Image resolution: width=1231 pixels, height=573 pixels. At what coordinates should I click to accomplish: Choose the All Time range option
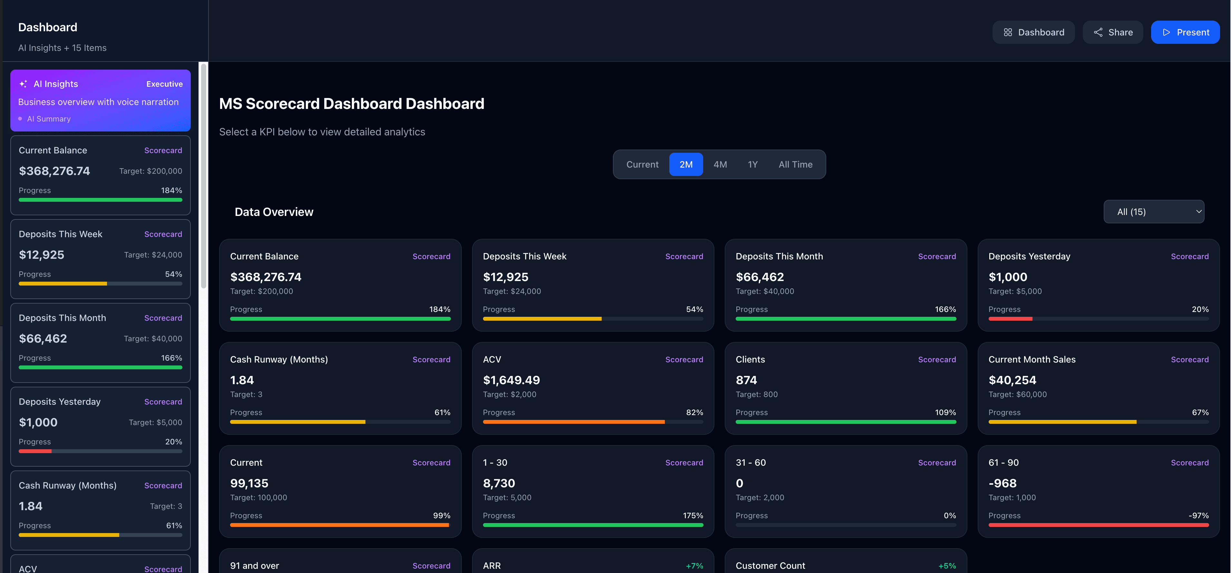click(x=795, y=164)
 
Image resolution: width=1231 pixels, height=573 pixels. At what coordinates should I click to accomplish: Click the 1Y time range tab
click(x=752, y=164)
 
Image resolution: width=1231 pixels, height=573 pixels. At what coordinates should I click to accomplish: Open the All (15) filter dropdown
click(x=1154, y=212)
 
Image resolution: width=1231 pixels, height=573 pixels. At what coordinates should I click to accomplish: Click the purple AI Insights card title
click(x=55, y=84)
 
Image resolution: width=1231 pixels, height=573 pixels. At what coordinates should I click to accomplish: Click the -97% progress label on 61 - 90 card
click(x=1198, y=516)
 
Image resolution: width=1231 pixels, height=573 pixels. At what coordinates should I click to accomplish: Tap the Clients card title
click(x=750, y=359)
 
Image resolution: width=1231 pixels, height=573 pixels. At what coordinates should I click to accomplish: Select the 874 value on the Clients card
click(x=746, y=380)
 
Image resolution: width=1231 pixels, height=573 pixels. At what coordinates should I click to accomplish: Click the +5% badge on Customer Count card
click(x=947, y=566)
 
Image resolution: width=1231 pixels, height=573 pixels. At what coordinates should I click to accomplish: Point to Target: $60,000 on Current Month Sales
click(x=1017, y=394)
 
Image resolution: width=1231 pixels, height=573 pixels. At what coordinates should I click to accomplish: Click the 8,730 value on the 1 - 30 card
click(x=499, y=484)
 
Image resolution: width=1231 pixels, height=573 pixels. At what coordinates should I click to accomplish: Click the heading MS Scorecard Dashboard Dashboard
click(x=351, y=104)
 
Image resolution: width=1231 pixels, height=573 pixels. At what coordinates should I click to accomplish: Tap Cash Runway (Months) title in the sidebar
click(x=67, y=486)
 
